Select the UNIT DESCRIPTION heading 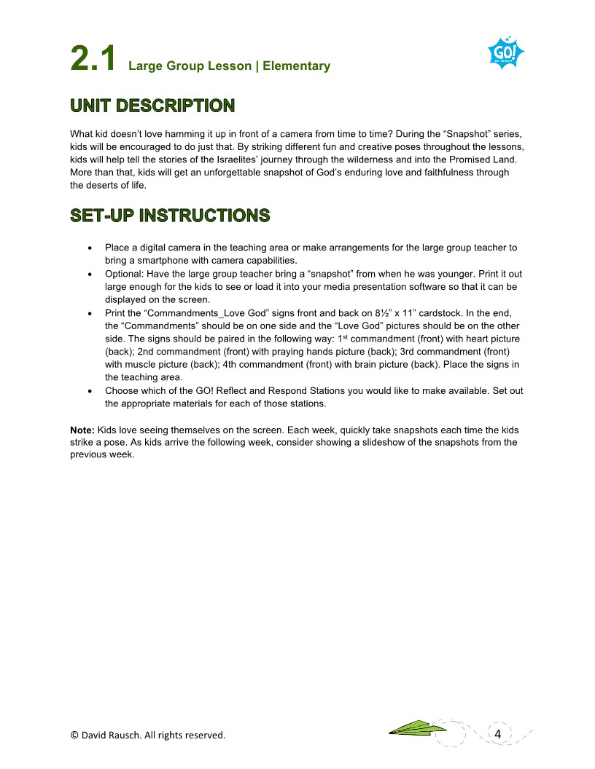(x=152, y=106)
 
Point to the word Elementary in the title (x=297, y=66)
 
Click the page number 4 (x=497, y=733)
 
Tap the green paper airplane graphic (x=417, y=727)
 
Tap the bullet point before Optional (x=89, y=274)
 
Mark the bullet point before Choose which (x=89, y=391)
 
